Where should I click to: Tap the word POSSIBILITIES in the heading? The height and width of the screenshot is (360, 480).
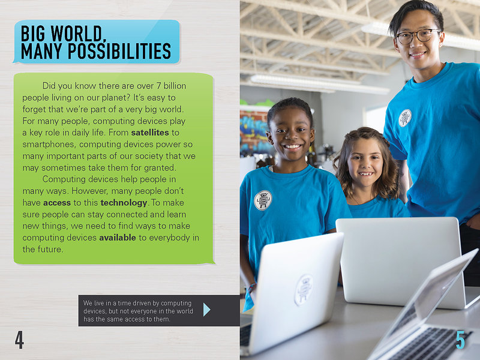[119, 51]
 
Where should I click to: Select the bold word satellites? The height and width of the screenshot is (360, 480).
[150, 133]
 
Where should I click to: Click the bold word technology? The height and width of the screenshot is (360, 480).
[124, 203]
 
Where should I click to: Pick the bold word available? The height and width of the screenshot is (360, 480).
[118, 238]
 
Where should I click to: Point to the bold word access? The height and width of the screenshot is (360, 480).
[57, 203]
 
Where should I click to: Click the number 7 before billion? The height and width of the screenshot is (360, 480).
[158, 86]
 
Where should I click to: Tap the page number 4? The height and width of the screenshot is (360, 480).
[19, 340]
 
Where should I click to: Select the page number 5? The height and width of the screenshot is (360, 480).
[460, 340]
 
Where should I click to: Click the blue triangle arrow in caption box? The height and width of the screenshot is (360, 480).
[206, 310]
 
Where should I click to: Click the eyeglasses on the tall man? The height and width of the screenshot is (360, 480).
[418, 36]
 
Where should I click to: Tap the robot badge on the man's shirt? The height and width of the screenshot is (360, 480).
[404, 118]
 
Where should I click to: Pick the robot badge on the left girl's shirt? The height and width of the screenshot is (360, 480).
[263, 200]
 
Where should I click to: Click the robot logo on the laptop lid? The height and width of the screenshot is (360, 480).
[304, 290]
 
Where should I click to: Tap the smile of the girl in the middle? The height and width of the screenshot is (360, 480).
[366, 174]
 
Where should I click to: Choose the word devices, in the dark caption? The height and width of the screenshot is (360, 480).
[95, 311]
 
